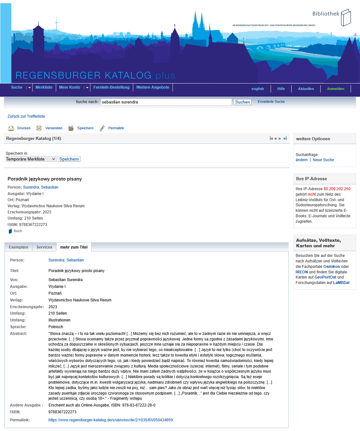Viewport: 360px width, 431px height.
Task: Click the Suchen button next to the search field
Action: [242, 102]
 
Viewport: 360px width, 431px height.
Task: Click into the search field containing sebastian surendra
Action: [166, 102]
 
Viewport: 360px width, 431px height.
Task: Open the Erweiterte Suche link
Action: [271, 102]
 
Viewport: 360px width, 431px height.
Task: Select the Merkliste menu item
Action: [44, 87]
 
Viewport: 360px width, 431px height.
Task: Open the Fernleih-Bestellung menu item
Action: [111, 87]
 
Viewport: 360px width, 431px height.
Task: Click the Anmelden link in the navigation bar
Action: [335, 89]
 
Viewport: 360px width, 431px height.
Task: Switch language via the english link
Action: [257, 89]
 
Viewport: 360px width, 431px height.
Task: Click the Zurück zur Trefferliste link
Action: [26, 116]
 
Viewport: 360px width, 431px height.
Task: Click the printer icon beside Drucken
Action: [11, 128]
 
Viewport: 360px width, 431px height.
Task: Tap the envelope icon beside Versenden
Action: [39, 128]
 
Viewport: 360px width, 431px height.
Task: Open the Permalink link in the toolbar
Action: [116, 128]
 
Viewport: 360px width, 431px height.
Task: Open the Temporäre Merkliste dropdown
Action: [31, 159]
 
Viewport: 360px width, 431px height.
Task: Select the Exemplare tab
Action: [18, 247]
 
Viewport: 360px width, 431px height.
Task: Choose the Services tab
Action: [44, 247]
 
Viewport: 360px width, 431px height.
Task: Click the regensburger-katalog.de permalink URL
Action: [110, 420]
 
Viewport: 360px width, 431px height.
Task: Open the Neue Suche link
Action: [323, 160]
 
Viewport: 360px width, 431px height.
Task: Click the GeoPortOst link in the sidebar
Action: [325, 277]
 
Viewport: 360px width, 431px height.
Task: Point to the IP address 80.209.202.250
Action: [337, 189]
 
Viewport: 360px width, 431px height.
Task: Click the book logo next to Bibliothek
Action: [345, 17]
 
